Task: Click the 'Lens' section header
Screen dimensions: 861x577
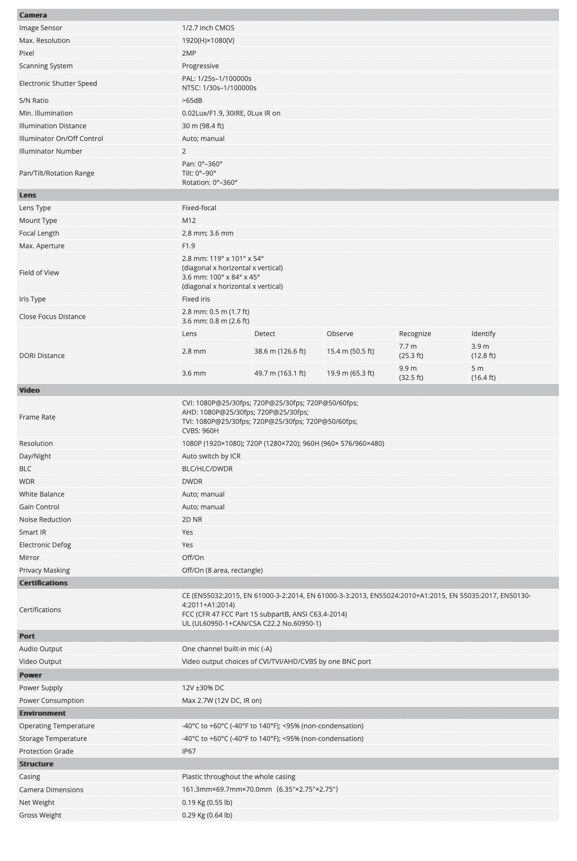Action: [28, 195]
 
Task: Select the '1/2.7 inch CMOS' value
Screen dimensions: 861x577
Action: [208, 28]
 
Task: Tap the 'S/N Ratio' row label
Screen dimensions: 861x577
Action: [34, 100]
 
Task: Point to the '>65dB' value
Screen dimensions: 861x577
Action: [192, 100]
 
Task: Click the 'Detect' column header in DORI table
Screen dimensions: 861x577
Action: [265, 334]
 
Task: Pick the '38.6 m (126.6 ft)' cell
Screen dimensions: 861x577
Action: [280, 351]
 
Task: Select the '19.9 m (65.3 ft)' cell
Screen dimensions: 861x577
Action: [350, 373]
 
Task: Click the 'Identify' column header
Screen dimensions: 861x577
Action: [483, 334]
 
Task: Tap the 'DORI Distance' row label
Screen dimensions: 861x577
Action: [42, 356]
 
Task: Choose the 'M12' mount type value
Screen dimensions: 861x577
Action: [189, 220]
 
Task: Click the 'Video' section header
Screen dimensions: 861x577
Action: [29, 390]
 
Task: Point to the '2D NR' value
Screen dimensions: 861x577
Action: [192, 520]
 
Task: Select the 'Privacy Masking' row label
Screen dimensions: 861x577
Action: [44, 570]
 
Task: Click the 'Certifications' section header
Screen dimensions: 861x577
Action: [43, 583]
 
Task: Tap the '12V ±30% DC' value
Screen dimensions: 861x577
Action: [203, 688]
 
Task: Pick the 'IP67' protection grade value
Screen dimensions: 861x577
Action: [189, 751]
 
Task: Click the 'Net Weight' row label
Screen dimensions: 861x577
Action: [37, 802]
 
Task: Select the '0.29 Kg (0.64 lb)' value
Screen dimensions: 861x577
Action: [207, 815]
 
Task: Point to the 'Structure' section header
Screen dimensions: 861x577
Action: [36, 764]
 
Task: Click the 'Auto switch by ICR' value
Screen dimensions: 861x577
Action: [211, 456]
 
